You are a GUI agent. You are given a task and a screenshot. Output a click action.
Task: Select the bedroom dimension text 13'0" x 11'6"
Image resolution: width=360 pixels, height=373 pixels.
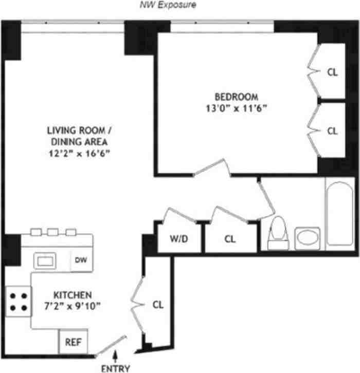pos(236,108)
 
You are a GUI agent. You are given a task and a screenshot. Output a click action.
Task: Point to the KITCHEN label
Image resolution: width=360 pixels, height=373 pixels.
pos(73,295)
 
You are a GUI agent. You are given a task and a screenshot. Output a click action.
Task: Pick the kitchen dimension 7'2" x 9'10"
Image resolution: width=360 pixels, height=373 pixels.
pos(73,307)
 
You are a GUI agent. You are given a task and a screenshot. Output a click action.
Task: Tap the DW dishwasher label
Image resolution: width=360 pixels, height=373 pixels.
pos(80,260)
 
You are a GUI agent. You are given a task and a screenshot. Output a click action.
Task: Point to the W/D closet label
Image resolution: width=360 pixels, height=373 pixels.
pos(178,239)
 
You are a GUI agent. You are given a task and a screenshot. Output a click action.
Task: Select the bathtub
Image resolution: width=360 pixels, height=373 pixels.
pos(339,213)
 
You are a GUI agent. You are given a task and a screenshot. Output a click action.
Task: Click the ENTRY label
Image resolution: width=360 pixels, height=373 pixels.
pos(116,368)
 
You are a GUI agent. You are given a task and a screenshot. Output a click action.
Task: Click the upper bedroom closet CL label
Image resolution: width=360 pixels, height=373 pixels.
pos(332,72)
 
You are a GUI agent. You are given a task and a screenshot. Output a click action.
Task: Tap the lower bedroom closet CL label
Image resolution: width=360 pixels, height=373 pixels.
pos(332,130)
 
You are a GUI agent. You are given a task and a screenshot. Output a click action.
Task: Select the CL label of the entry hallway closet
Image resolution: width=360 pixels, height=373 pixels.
pos(158,305)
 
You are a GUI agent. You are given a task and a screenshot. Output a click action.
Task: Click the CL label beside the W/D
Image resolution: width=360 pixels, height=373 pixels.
pos(230,239)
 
